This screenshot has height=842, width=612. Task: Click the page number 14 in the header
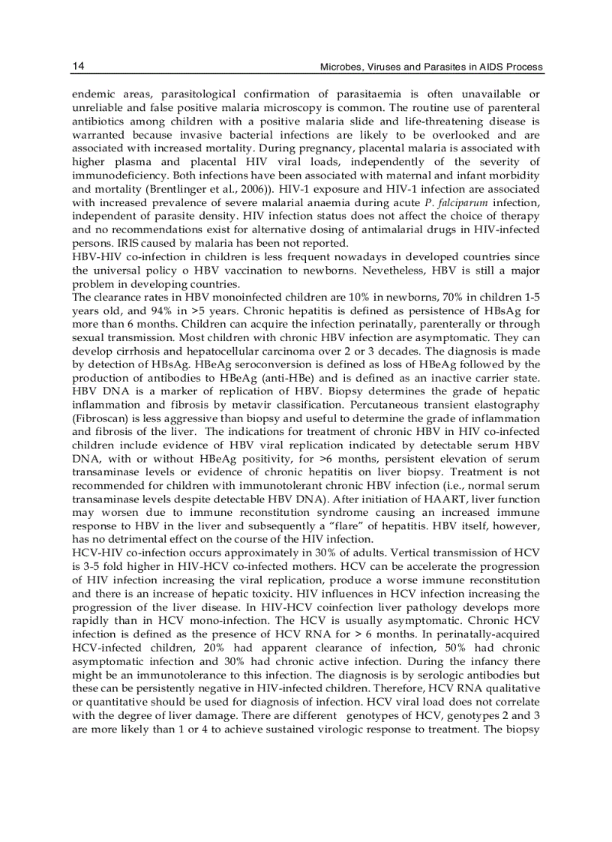click(77, 67)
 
